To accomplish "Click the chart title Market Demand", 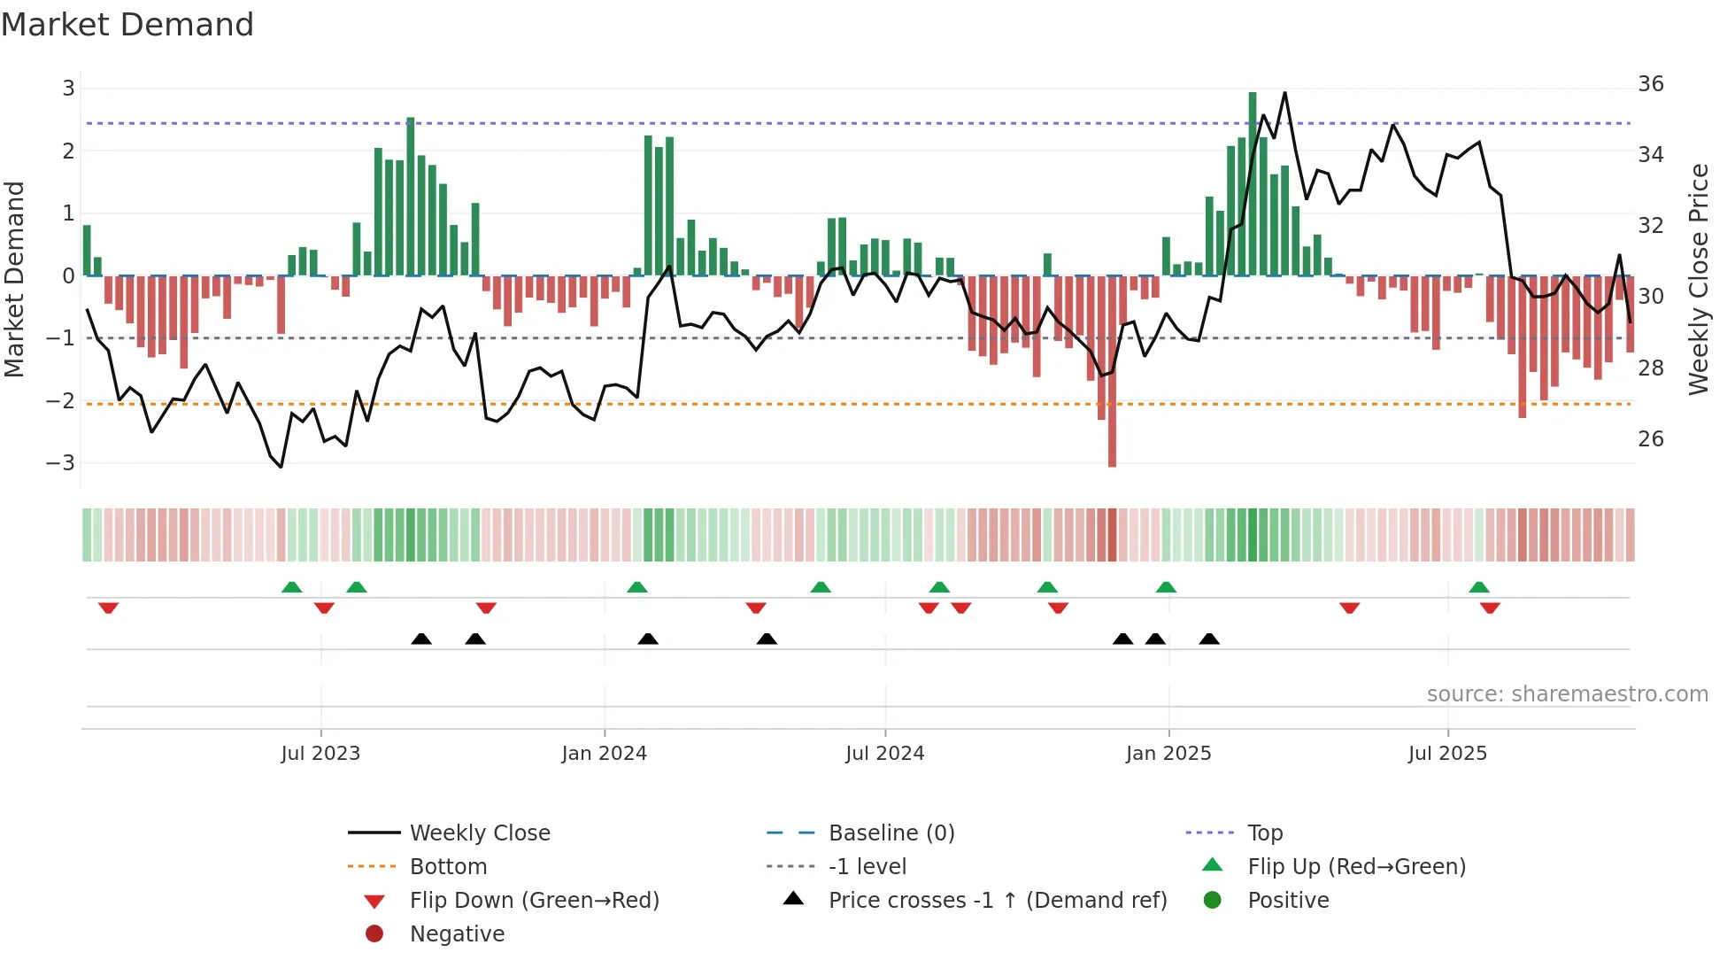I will pos(127,25).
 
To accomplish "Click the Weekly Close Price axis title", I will pos(1698,279).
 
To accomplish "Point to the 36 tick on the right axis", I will pos(1650,84).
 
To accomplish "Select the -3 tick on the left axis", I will pos(61,463).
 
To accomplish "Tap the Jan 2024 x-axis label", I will pos(604,754).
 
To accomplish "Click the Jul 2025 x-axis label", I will pos(1447,754).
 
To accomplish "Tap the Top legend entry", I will pos(1264,833).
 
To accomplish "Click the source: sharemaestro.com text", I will pos(1567,694).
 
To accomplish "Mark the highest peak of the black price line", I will pos(1284,93).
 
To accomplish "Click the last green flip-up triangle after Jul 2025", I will pos(1478,587).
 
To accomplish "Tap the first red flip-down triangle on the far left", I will pos(108,608).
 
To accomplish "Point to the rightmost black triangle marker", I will pos(1209,639).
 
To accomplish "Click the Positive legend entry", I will pos(1288,901).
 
